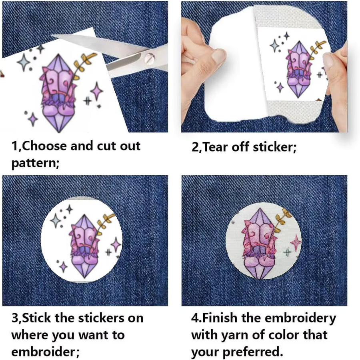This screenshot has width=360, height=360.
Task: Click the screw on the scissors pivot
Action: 150,58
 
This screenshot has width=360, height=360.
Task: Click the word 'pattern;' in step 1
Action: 35,164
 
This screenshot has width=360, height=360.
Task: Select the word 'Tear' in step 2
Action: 216,147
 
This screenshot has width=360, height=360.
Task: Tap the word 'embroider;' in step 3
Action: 45,352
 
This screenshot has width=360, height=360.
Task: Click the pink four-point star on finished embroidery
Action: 296,242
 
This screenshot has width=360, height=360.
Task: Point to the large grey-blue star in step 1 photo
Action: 24,62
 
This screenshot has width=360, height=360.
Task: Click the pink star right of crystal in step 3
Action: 116,245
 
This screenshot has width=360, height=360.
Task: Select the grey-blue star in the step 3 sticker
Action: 56,221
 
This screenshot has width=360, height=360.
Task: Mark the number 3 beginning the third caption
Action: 15,318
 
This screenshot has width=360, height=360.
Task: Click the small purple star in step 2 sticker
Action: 280,88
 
